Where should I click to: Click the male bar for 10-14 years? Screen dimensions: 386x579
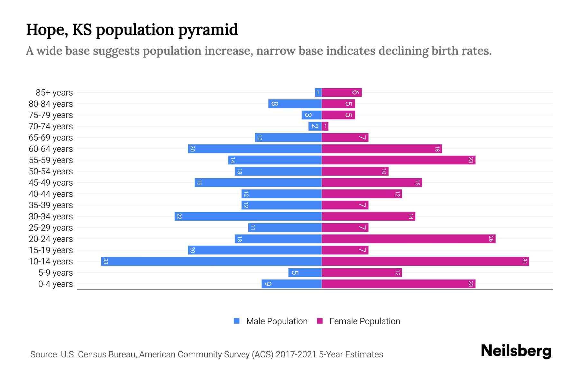(x=211, y=261)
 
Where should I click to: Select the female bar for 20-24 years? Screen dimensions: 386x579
(x=409, y=239)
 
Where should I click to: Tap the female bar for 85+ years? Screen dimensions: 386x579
(x=342, y=92)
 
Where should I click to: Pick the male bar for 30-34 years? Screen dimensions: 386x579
(x=248, y=216)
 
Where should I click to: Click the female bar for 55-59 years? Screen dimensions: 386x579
(x=399, y=160)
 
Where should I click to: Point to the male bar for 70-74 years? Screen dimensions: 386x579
(x=315, y=126)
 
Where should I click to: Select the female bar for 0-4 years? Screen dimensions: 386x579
(x=399, y=284)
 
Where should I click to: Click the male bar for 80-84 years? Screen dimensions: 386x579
(x=295, y=104)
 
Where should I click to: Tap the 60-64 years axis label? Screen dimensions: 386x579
(x=51, y=149)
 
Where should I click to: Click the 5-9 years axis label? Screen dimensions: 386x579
(x=56, y=273)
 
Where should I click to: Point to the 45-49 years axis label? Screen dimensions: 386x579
(x=51, y=183)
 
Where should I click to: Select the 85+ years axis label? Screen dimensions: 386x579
(x=54, y=93)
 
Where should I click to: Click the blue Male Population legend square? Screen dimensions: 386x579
(x=237, y=321)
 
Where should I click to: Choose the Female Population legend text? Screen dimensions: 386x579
(x=364, y=321)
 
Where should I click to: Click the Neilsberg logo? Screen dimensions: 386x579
(x=516, y=351)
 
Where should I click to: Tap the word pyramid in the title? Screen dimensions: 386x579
(x=208, y=30)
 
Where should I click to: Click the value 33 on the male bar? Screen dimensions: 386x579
(x=106, y=261)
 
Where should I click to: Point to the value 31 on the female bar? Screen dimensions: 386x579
(x=524, y=261)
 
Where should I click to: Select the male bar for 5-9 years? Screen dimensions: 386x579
(x=305, y=272)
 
